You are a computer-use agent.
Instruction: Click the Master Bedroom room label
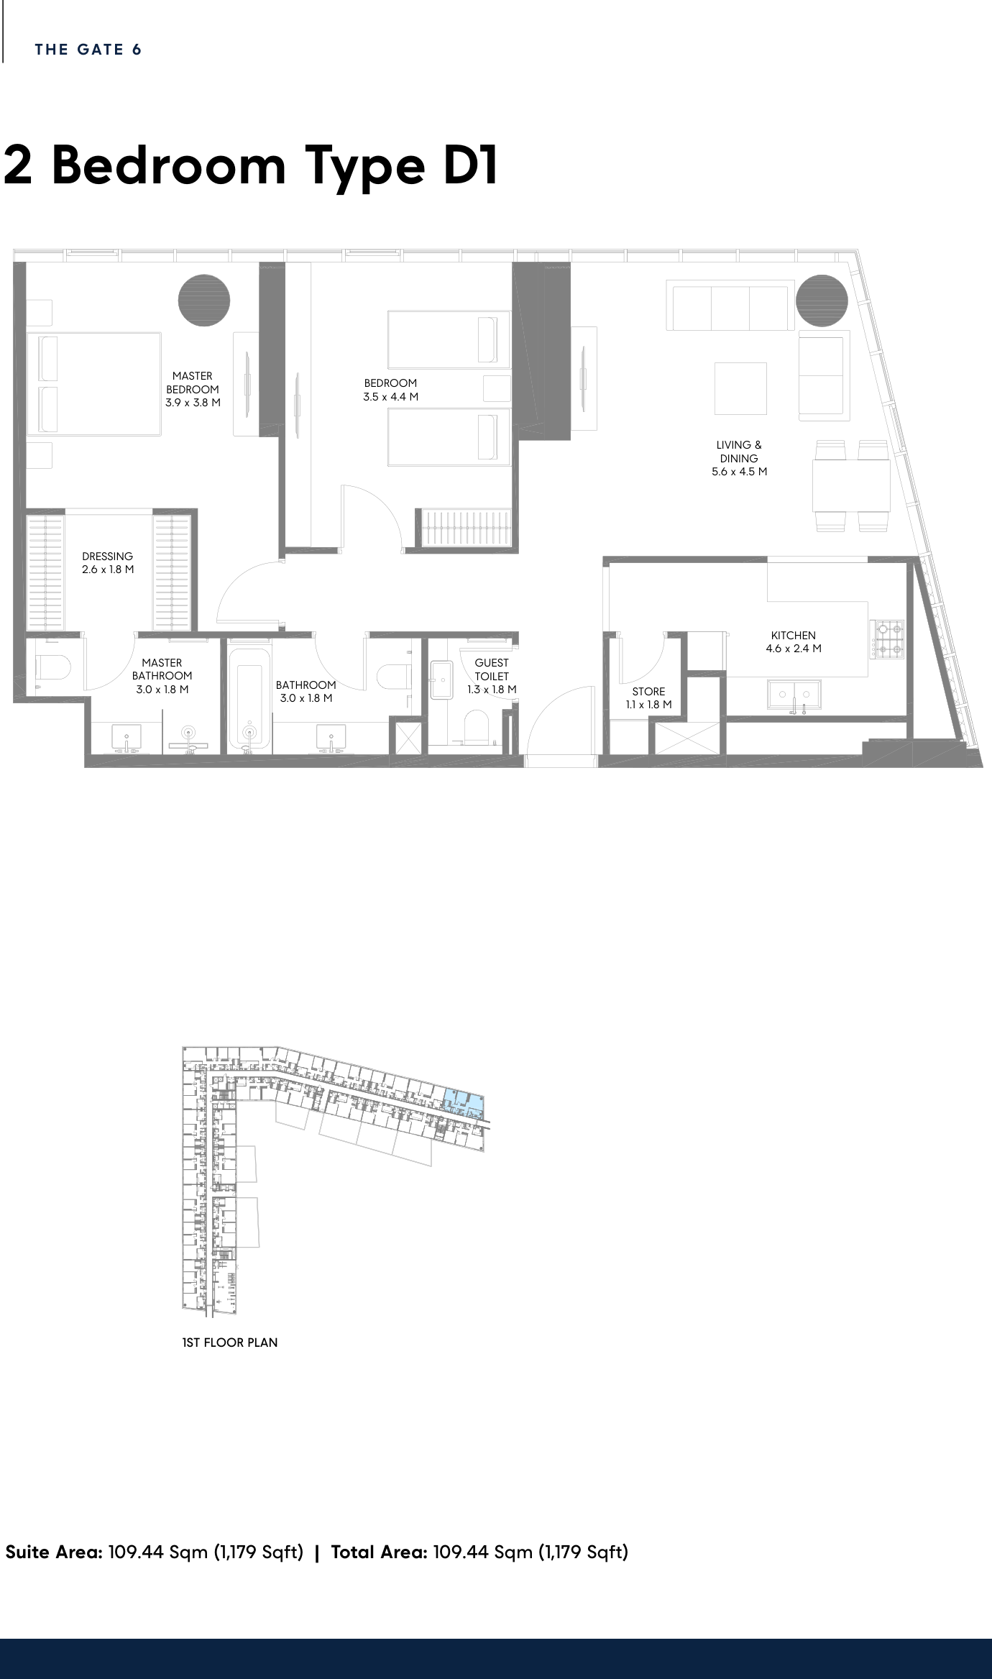click(x=193, y=389)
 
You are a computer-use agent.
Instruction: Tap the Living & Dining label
click(x=739, y=458)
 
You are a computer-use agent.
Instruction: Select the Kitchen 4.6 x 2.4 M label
click(x=794, y=641)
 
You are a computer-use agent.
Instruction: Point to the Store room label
click(x=648, y=698)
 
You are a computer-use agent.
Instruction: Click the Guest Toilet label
click(x=492, y=676)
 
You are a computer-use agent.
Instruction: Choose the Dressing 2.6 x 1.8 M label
click(x=108, y=562)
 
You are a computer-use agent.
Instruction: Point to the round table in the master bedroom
click(x=204, y=301)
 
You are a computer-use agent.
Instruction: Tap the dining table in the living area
click(x=851, y=485)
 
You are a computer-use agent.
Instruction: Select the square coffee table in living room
click(x=740, y=388)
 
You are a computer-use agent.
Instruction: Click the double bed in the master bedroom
click(x=94, y=383)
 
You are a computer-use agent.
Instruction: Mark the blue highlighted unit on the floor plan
click(x=464, y=1102)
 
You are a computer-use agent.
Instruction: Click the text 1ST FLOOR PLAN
click(x=230, y=1342)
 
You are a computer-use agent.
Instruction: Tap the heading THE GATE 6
click(x=88, y=50)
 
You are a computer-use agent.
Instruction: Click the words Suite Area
click(x=54, y=1552)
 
